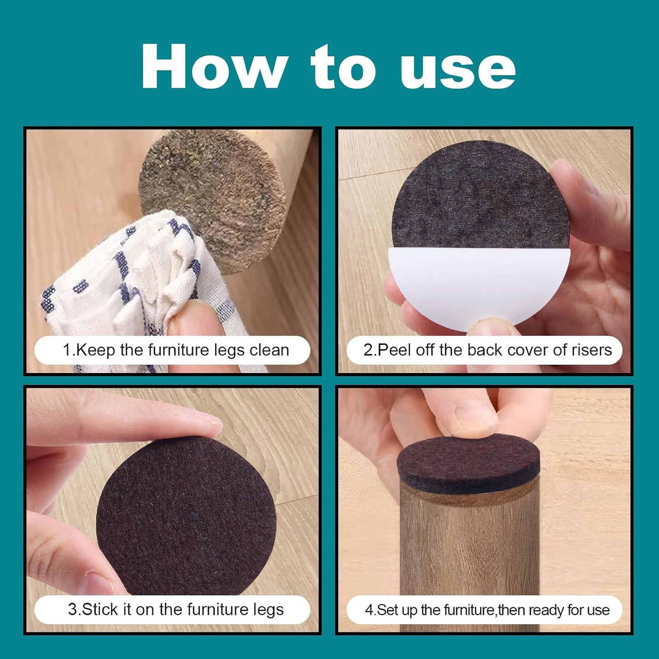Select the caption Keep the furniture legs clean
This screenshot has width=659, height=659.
(x=176, y=350)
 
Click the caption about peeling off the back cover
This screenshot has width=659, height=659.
(x=488, y=350)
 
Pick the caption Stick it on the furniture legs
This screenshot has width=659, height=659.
(x=176, y=609)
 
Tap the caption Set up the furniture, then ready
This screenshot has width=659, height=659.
(x=488, y=610)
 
